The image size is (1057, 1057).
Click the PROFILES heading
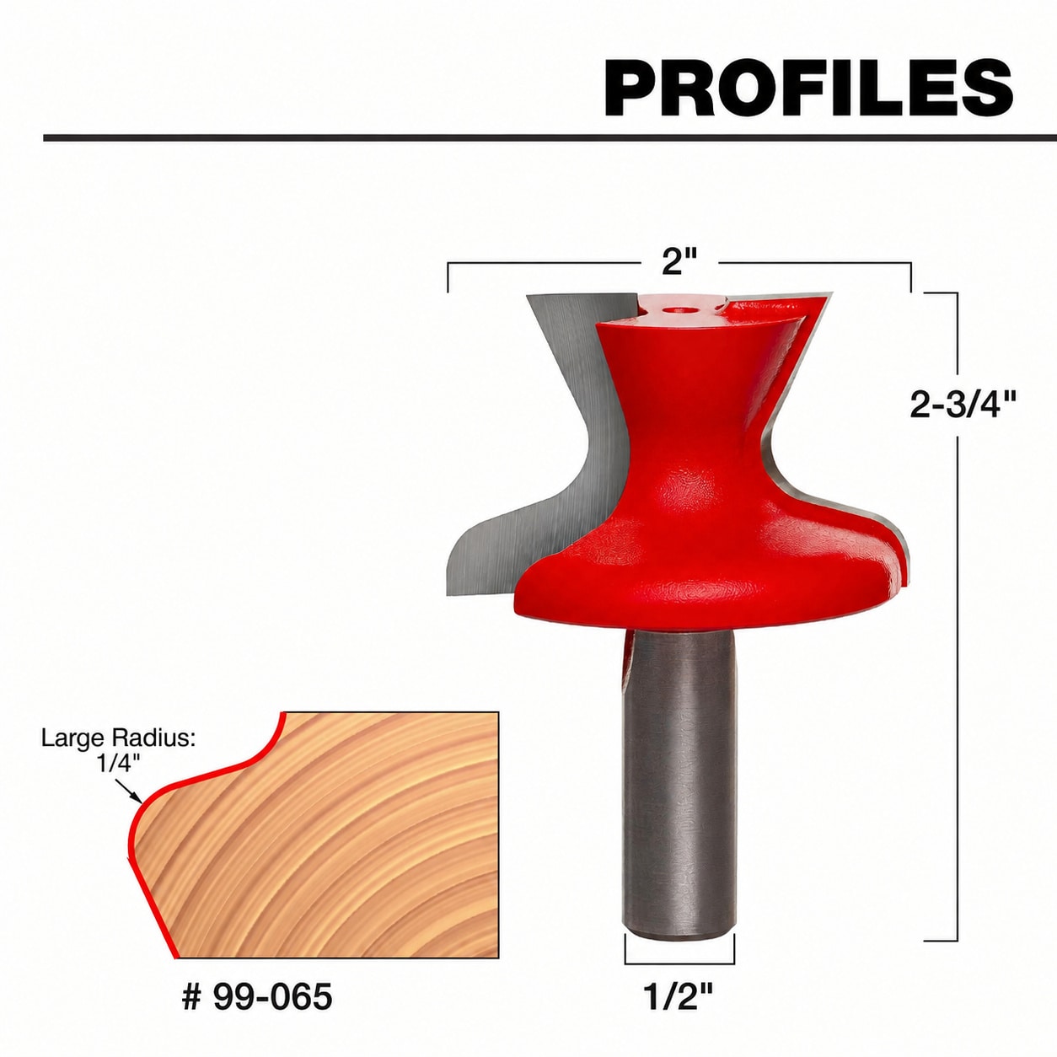pyautogui.click(x=808, y=89)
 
